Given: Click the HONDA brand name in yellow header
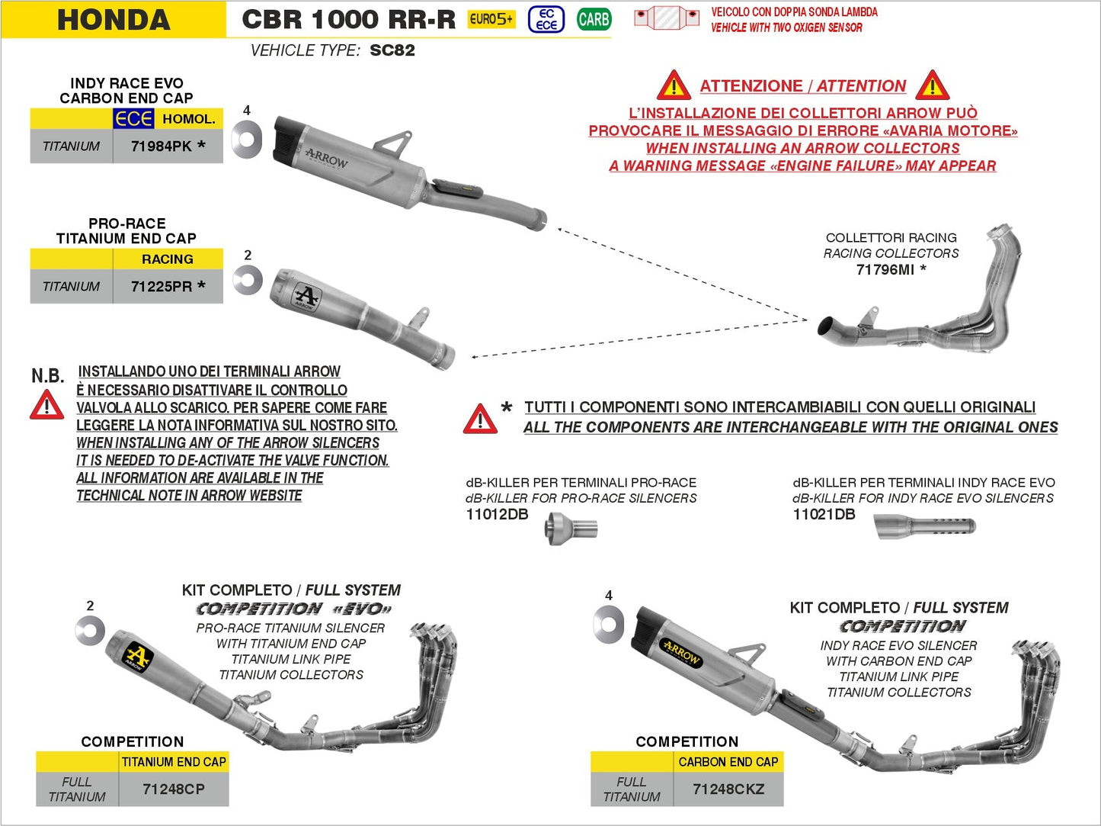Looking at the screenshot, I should click(x=114, y=20).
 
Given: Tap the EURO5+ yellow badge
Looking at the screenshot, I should click(x=491, y=19).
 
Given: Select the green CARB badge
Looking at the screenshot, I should click(x=594, y=19).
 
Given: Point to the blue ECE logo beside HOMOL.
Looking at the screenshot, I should click(x=133, y=119).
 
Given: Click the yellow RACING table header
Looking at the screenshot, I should click(x=168, y=259).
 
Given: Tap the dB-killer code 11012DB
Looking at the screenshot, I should click(x=497, y=514).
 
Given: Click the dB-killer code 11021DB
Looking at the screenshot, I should click(x=824, y=514).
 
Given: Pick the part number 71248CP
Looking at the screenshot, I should click(x=174, y=789).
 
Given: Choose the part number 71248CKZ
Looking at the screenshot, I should click(x=728, y=789).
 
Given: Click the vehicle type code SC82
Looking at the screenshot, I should click(x=392, y=50).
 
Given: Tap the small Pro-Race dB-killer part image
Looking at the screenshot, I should click(x=571, y=528).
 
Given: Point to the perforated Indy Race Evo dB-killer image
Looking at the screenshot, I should click(x=925, y=526).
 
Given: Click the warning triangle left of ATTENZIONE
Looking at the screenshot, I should click(x=674, y=85).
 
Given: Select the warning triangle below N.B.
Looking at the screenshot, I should click(x=47, y=405).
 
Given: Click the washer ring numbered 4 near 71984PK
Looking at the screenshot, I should click(x=246, y=139).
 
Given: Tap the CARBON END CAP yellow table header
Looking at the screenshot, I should click(x=728, y=762).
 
